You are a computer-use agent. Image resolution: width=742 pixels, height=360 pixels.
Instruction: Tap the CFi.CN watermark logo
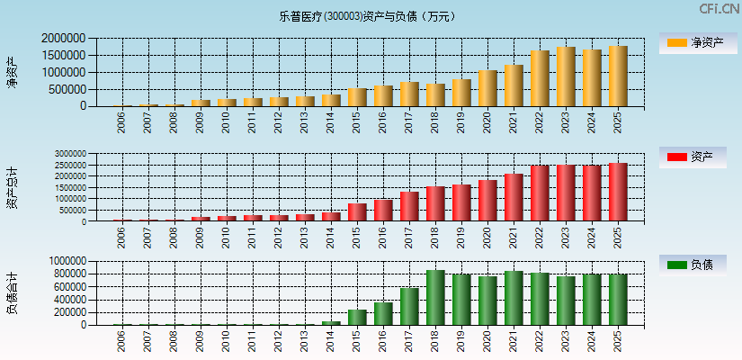click(x=720, y=8)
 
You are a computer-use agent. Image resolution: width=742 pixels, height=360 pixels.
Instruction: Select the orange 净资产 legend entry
click(x=693, y=42)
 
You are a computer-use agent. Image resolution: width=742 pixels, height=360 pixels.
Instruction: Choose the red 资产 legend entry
click(x=693, y=157)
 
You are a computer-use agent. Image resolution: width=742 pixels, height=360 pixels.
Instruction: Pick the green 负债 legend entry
click(x=693, y=265)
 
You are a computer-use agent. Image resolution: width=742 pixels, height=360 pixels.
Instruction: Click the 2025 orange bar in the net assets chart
click(x=618, y=76)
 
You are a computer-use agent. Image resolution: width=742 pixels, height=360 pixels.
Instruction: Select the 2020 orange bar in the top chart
click(x=487, y=88)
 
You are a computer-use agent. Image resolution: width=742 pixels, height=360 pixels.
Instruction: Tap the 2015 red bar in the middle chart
click(x=357, y=212)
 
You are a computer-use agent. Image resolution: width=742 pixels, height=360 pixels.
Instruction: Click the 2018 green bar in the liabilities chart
click(x=435, y=298)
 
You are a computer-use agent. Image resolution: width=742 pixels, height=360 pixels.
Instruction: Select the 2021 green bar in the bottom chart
click(x=514, y=298)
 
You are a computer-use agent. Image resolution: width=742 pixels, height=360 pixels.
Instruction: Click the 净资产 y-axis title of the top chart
click(x=12, y=72)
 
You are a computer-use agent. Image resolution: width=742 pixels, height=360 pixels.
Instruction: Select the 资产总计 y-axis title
click(x=12, y=187)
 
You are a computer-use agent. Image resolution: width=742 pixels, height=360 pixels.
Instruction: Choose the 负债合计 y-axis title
click(x=12, y=292)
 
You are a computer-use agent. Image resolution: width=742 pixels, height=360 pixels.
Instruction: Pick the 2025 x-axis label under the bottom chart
click(x=618, y=341)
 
